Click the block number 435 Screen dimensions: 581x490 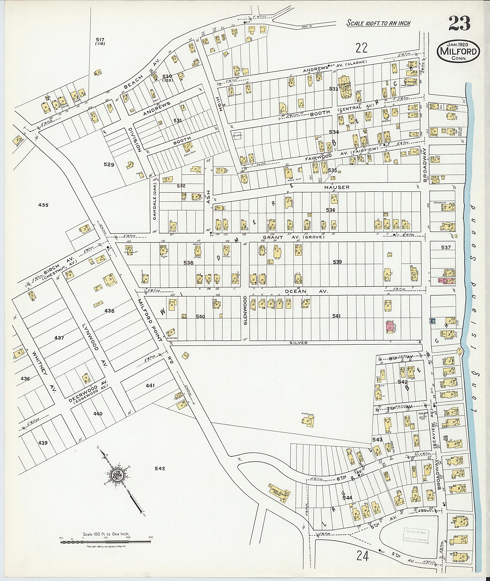[43, 205]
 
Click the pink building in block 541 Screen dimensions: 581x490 [390, 327]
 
